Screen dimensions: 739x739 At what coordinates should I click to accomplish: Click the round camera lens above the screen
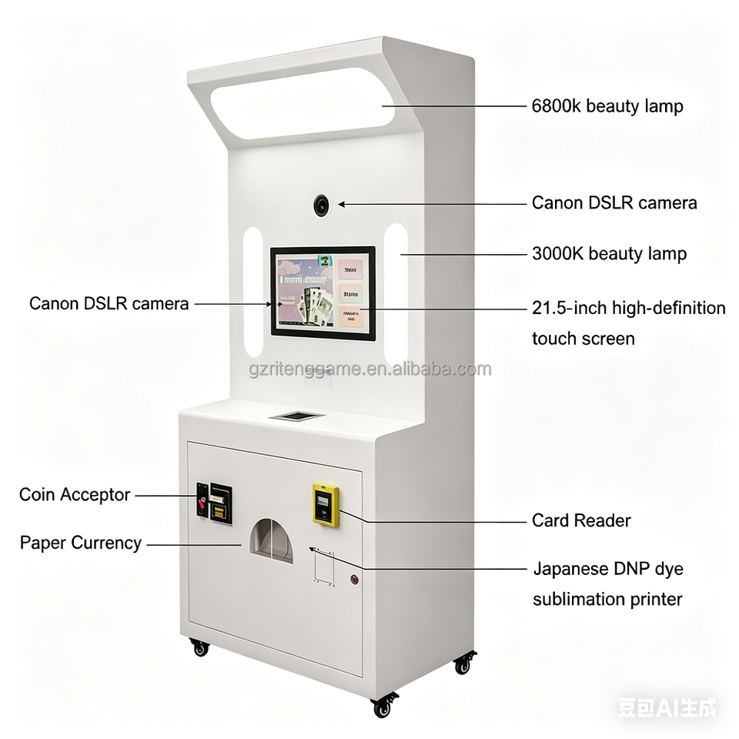point(321,205)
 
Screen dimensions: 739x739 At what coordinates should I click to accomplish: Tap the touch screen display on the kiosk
point(323,292)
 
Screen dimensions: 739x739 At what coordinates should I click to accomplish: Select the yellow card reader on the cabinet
point(326,505)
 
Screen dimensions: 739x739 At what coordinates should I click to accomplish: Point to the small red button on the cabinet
point(355,579)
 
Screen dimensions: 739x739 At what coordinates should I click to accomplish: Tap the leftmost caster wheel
point(200,648)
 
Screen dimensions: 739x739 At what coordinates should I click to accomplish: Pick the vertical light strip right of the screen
point(396,292)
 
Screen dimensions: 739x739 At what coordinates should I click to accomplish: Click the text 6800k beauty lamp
point(607,106)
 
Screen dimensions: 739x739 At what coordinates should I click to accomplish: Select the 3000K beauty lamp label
point(609,254)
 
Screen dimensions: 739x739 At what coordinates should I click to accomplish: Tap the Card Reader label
point(581,520)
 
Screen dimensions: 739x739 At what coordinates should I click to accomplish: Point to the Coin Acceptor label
point(75,495)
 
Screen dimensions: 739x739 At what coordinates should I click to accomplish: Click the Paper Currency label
point(81,543)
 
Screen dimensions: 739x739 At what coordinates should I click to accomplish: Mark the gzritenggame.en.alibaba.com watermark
point(369,369)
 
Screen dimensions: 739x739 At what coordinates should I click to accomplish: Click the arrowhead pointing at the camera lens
point(341,204)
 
